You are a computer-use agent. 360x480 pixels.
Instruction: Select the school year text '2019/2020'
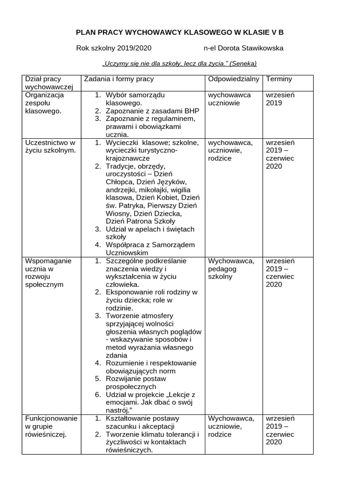tap(135, 48)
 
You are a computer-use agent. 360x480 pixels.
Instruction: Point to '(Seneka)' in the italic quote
tap(243, 64)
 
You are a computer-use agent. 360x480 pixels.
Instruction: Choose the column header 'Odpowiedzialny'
tap(233, 79)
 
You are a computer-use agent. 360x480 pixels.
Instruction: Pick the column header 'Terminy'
tap(279, 79)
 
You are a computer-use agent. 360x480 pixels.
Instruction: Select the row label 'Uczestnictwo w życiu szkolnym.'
tap(50, 146)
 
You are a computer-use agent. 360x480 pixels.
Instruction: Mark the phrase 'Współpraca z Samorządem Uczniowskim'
tap(143, 249)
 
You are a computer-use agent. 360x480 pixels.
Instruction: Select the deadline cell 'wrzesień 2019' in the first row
tap(280, 99)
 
